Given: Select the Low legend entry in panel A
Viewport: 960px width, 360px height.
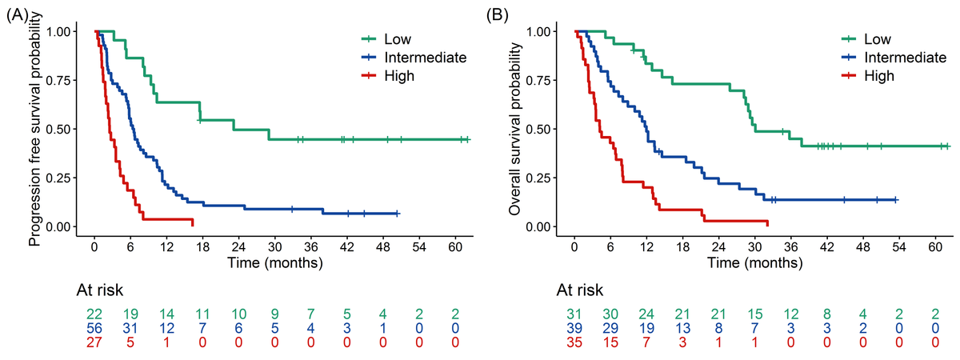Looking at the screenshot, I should [398, 38].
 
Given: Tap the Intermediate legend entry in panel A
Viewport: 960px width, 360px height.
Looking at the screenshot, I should [425, 57].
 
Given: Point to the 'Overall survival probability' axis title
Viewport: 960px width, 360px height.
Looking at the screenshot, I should [516, 128].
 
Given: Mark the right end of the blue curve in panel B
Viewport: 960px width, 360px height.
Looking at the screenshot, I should [898, 200].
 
